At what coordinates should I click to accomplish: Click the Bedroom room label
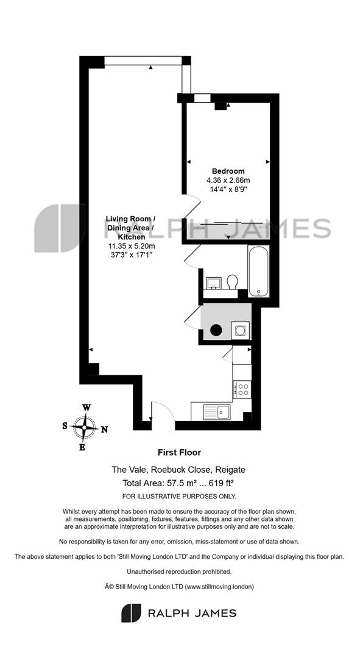[x=228, y=171]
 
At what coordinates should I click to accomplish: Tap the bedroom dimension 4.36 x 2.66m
[x=228, y=180]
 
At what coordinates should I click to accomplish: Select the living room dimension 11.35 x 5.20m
[x=131, y=246]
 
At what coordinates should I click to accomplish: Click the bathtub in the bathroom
[x=258, y=271]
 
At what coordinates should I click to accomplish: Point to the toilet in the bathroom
[x=232, y=282]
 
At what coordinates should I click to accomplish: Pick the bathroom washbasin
[x=214, y=283]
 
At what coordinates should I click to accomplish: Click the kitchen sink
[x=216, y=412]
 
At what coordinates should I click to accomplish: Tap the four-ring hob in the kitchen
[x=242, y=389]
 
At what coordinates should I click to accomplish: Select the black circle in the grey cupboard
[x=216, y=330]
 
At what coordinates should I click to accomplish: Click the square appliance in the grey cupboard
[x=241, y=331]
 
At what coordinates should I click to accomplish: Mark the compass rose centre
[x=84, y=427]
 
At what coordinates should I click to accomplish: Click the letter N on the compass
[x=105, y=430]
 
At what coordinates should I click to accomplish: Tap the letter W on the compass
[x=86, y=408]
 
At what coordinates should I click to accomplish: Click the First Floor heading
[x=179, y=452]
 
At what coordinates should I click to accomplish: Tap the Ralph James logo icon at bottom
[x=132, y=613]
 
